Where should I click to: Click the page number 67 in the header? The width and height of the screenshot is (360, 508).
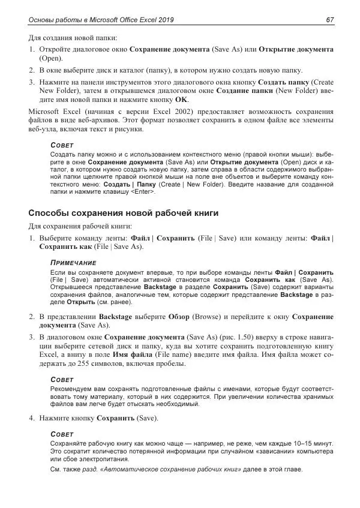click(x=329, y=20)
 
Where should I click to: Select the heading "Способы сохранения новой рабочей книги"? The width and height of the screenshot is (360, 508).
click(x=124, y=213)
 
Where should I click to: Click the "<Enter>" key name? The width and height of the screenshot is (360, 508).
click(x=143, y=192)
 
